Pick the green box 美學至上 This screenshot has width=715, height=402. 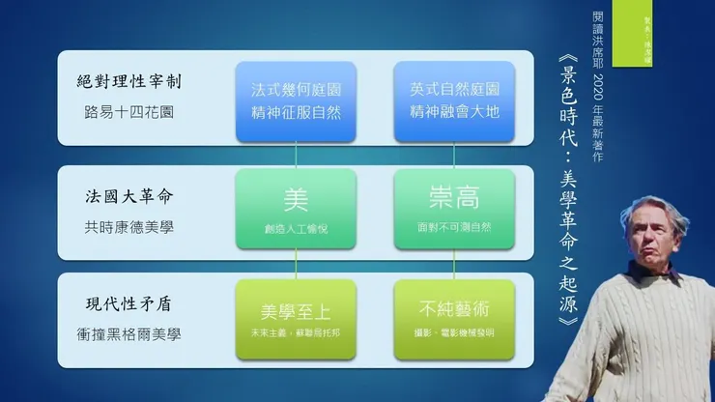296,320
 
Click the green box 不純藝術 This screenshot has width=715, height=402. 453,320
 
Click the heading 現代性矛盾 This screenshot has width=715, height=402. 125,304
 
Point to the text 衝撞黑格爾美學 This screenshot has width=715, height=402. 132,334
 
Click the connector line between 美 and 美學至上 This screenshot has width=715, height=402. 296,265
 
